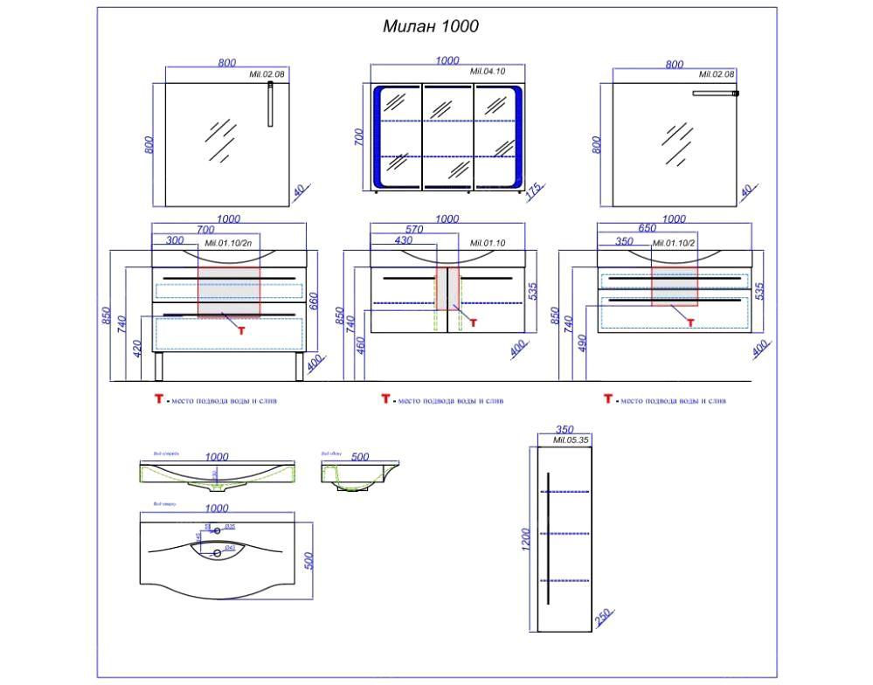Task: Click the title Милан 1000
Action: (431, 26)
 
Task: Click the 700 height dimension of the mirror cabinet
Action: (359, 137)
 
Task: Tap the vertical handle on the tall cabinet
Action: (548, 537)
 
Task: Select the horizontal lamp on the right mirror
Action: (715, 93)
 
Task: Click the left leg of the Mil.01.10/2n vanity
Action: (158, 367)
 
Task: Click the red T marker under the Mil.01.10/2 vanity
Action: (690, 322)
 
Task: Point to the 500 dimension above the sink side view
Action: (359, 456)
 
